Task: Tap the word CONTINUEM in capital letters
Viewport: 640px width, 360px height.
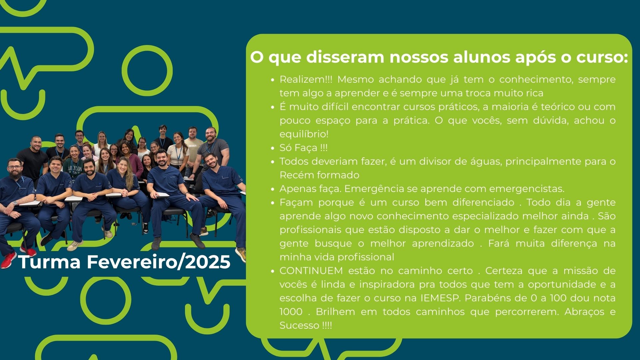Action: pos(311,271)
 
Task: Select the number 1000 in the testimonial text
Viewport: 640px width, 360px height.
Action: pos(291,312)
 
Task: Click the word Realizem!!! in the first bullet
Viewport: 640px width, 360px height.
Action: pos(306,79)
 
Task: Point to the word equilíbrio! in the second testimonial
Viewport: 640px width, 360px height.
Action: pos(304,134)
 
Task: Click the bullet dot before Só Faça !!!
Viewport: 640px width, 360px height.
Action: pos(273,148)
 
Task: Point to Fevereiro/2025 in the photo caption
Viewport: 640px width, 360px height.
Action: pos(159,262)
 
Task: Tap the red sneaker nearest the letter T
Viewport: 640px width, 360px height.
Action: pos(8,260)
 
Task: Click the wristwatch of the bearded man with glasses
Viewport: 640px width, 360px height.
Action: pos(14,203)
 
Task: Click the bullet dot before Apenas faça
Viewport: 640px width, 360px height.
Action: pos(273,189)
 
